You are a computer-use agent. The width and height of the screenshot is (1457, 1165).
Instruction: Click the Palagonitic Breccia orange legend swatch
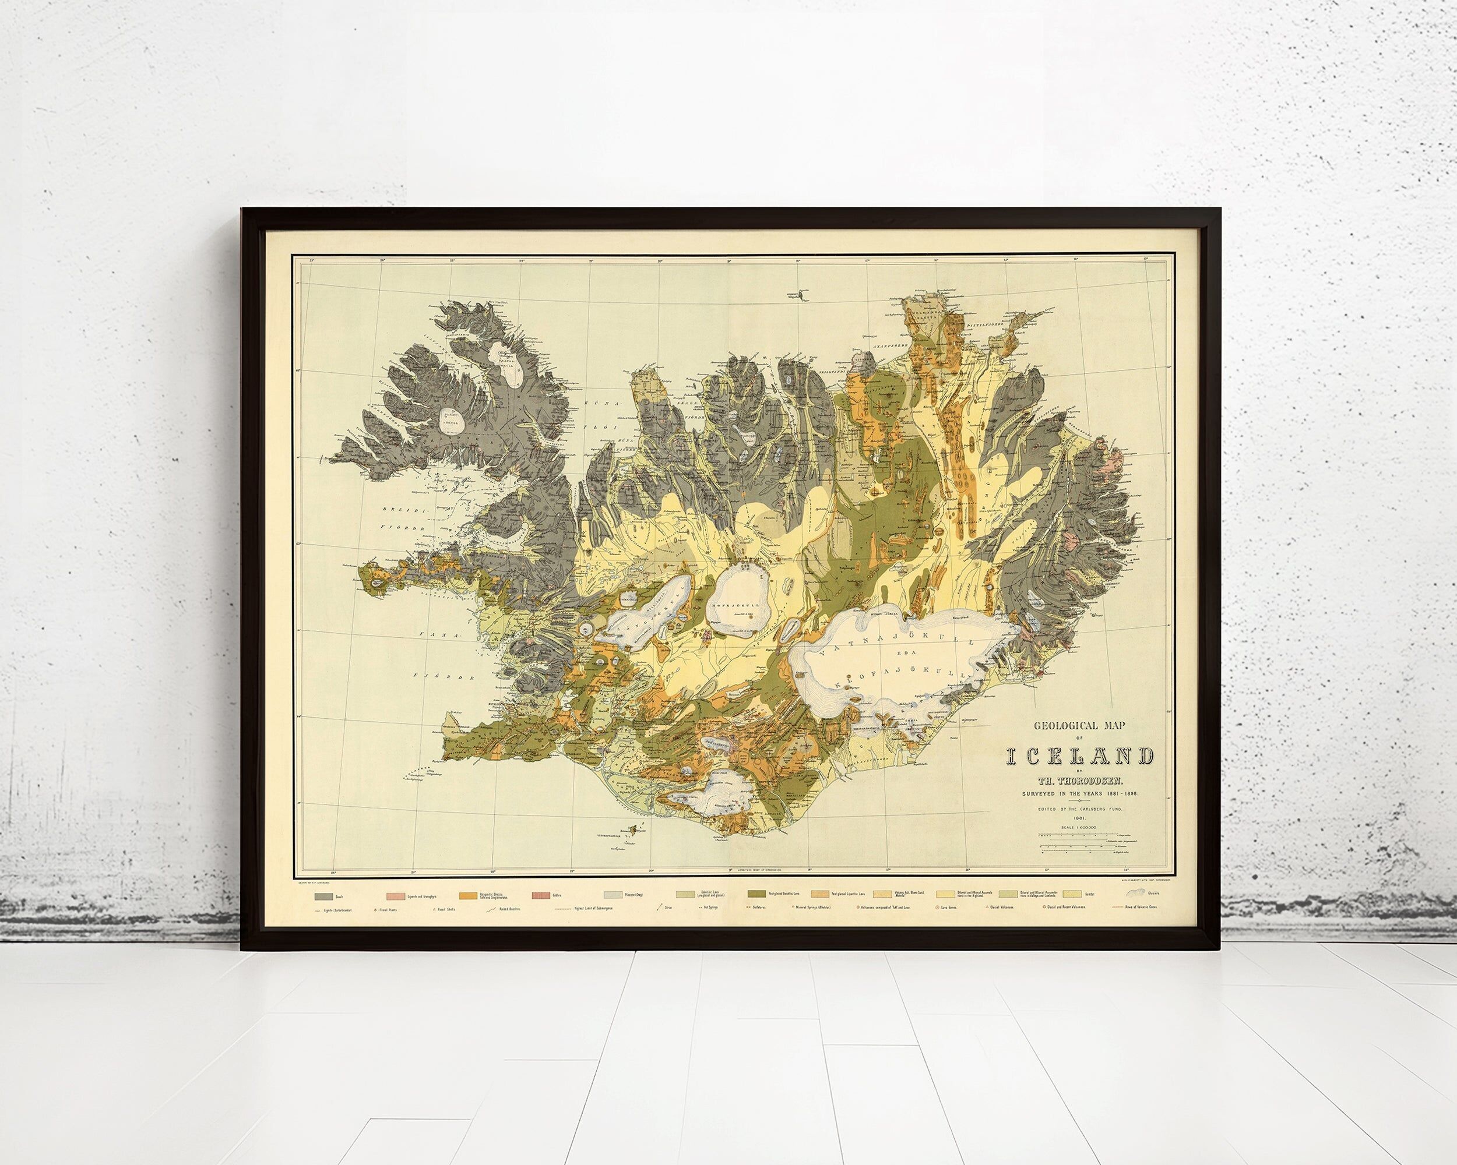tap(467, 896)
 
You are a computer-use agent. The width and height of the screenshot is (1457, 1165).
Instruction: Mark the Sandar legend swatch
tap(1072, 894)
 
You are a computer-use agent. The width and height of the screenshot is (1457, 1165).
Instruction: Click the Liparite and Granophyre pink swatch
tap(395, 896)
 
